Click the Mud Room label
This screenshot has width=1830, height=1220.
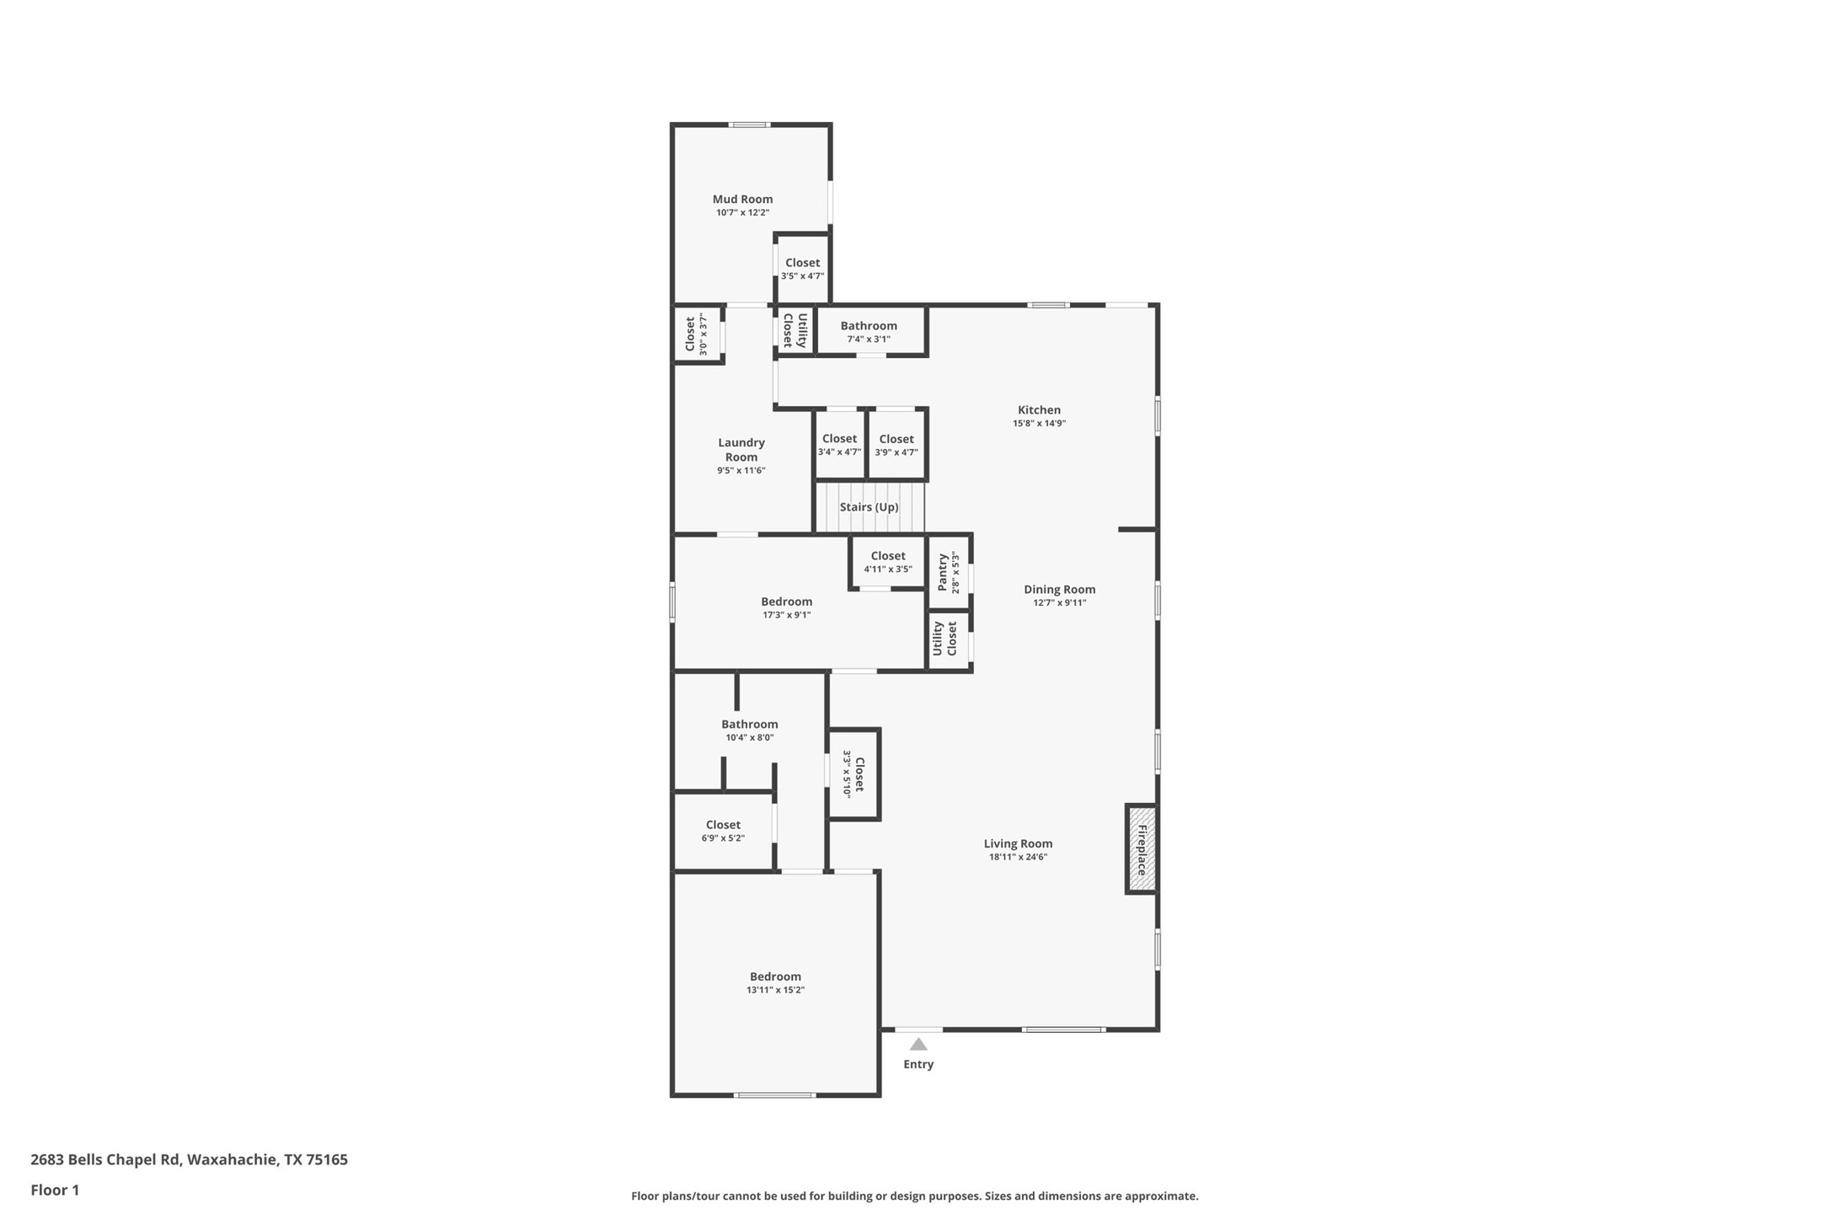click(742, 200)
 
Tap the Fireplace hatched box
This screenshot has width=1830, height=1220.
click(1142, 849)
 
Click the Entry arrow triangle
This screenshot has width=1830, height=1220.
click(918, 1044)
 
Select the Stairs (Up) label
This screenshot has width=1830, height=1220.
click(869, 507)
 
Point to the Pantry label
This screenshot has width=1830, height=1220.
click(942, 573)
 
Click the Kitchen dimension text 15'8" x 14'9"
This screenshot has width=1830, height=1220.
click(1039, 424)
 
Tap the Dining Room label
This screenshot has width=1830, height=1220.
click(1059, 590)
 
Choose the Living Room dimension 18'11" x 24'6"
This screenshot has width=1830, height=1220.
click(1018, 857)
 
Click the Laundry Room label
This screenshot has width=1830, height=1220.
click(741, 450)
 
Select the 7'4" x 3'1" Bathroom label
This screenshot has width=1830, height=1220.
click(869, 326)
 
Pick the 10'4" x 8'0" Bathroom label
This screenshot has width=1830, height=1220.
click(749, 725)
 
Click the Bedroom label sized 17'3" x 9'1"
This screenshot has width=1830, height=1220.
click(786, 602)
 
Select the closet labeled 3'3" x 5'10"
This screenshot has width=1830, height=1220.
click(859, 774)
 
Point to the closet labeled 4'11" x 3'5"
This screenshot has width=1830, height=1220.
click(888, 556)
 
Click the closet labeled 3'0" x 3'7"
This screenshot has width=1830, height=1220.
click(690, 334)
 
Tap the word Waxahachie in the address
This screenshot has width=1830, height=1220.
click(232, 1159)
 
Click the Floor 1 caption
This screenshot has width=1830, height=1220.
click(55, 1191)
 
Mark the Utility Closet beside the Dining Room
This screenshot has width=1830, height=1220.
click(944, 639)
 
